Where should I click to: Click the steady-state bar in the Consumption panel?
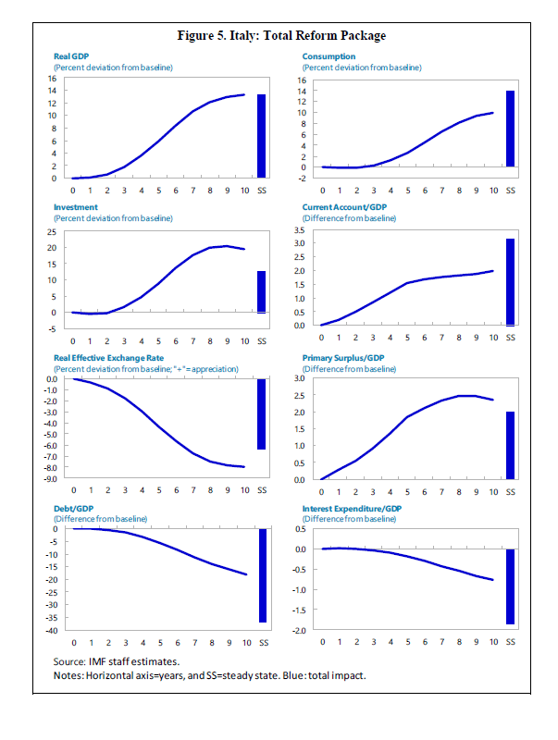510,129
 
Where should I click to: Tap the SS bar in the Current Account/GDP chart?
510,282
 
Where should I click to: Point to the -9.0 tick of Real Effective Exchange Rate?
51,479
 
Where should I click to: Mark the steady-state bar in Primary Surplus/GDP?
510,446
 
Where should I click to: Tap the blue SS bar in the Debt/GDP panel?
262,575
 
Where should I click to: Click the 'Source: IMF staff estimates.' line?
116,661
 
